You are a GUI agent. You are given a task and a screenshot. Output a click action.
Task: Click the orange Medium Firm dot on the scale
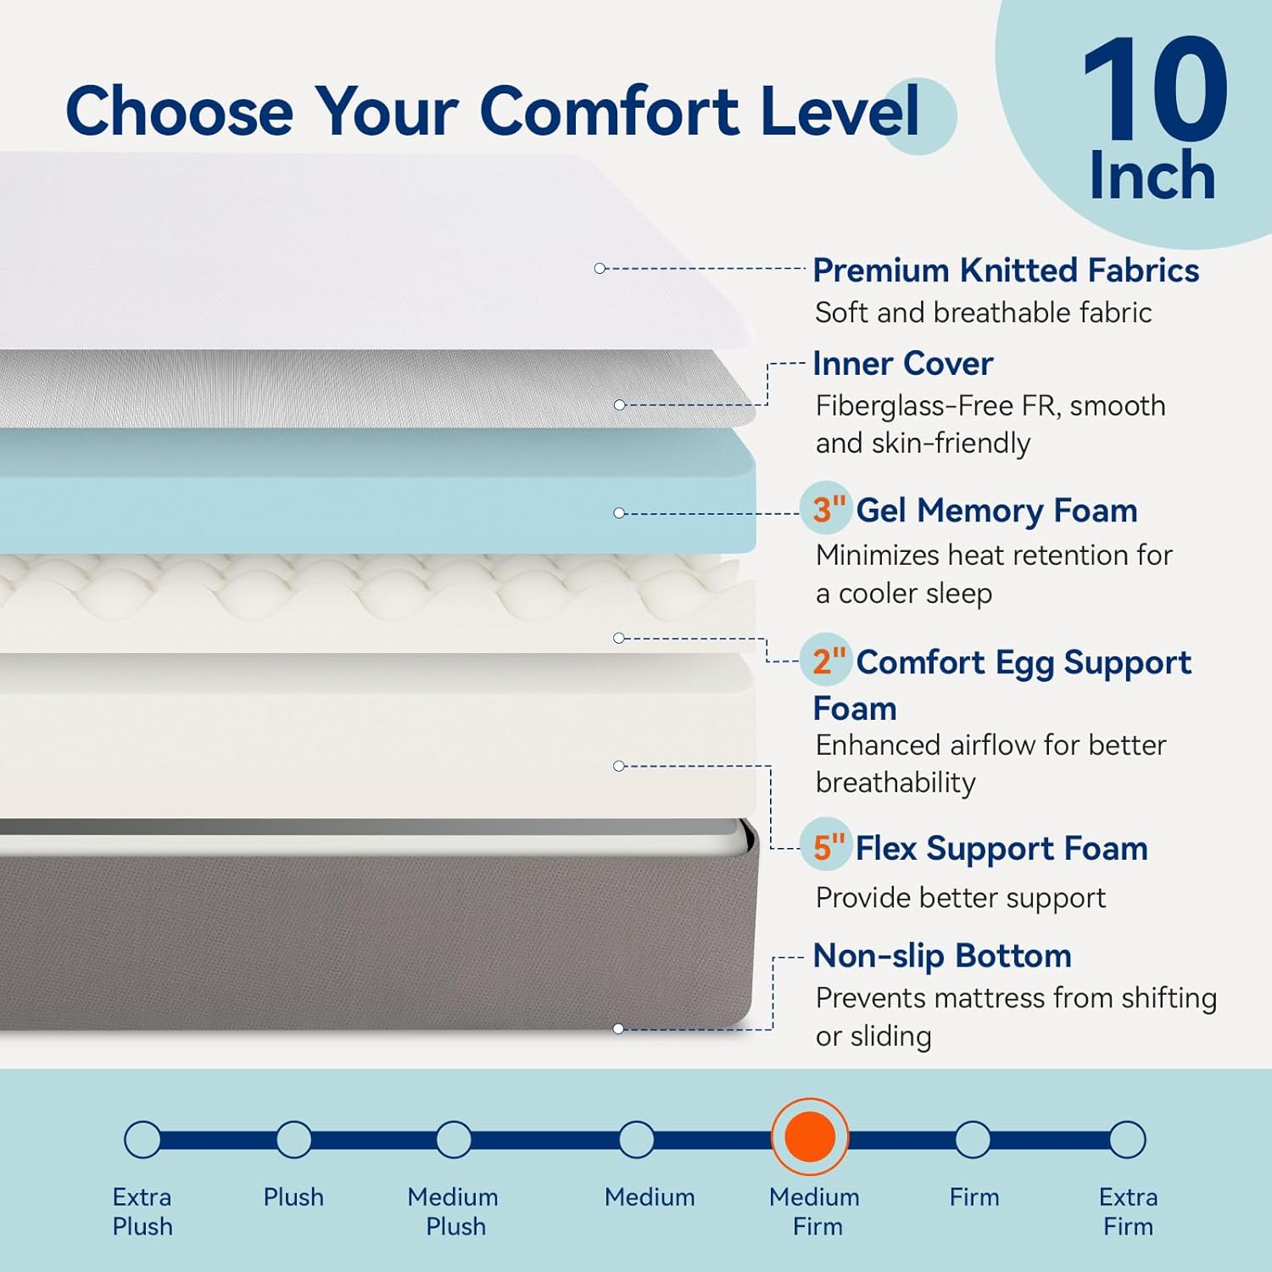pos(810,1137)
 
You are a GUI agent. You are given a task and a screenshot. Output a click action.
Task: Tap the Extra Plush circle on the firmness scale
pos(142,1139)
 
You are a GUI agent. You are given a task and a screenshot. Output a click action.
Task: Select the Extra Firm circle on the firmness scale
pos(1127,1139)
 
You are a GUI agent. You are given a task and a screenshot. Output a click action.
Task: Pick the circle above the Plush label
pos(293,1139)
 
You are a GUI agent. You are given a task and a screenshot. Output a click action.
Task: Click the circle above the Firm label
pos(973,1139)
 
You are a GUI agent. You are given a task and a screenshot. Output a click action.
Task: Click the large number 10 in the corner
pos(1154,91)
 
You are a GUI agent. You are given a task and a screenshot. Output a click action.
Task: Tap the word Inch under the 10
pos(1152,176)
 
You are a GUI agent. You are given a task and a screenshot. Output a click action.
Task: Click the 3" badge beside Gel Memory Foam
pos(828,509)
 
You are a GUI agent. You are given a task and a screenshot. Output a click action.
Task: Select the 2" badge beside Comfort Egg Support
pos(828,661)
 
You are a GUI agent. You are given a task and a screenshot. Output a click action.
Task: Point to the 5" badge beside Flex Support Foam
pos(828,846)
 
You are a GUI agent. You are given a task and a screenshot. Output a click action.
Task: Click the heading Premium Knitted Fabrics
pos(1006,271)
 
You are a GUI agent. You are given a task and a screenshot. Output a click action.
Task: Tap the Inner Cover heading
pos(902,364)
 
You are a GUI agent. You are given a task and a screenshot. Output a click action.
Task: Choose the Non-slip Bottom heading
pos(942,956)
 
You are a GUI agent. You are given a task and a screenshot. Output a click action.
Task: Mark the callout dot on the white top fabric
pos(600,268)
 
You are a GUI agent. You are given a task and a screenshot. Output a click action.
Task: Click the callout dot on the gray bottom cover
pos(618,1029)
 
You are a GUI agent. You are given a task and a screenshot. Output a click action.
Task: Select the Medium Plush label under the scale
pos(454,1211)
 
